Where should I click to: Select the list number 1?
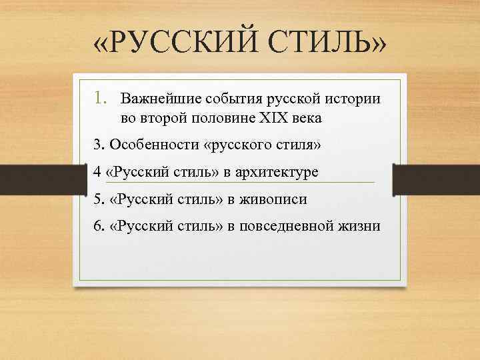[x=101, y=99]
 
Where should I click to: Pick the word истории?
[x=353, y=99]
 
